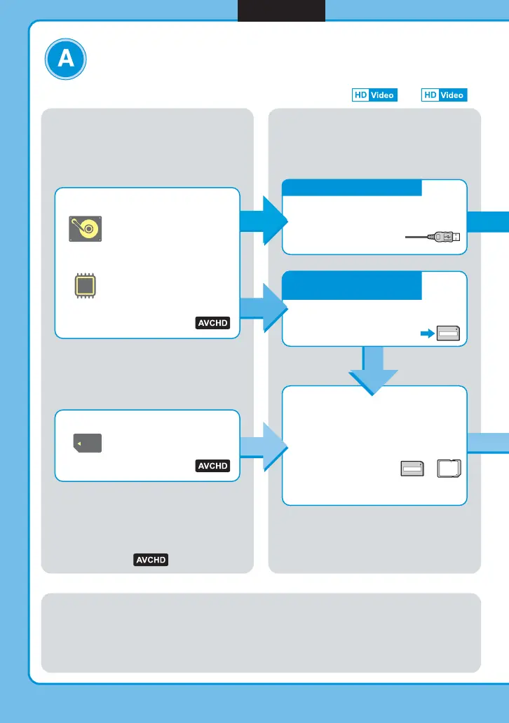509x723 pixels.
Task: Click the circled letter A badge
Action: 66,60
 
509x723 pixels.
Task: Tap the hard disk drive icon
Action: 85,229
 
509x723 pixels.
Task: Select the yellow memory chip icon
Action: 85,288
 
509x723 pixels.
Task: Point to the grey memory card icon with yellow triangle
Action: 88,443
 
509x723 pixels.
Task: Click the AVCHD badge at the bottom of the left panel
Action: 151,560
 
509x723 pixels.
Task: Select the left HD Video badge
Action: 374,95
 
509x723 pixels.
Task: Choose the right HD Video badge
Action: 444,95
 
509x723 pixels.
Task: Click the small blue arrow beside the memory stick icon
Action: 426,334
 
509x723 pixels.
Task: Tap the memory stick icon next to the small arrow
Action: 449,334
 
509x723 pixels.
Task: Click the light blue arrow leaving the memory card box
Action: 264,446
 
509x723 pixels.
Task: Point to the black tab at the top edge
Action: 281,11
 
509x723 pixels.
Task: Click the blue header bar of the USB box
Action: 351,188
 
